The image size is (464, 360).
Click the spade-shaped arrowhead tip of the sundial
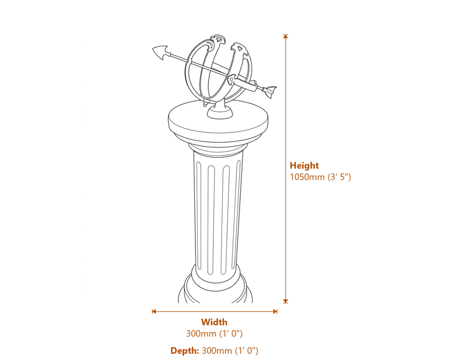(159, 52)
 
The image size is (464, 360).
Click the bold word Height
(304, 166)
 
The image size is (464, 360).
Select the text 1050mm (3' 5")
(320, 177)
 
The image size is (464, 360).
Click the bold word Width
(214, 322)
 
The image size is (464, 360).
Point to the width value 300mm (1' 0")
(214, 334)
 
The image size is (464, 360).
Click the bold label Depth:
(184, 351)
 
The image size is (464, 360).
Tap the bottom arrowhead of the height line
(285, 300)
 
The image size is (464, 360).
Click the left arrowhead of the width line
(154, 311)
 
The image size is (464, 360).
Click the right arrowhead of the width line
(275, 311)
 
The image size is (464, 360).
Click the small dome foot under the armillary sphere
(220, 112)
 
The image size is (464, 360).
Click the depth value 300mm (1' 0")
(230, 351)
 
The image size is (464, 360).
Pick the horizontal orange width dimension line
(215, 311)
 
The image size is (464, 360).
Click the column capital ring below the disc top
(215, 149)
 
